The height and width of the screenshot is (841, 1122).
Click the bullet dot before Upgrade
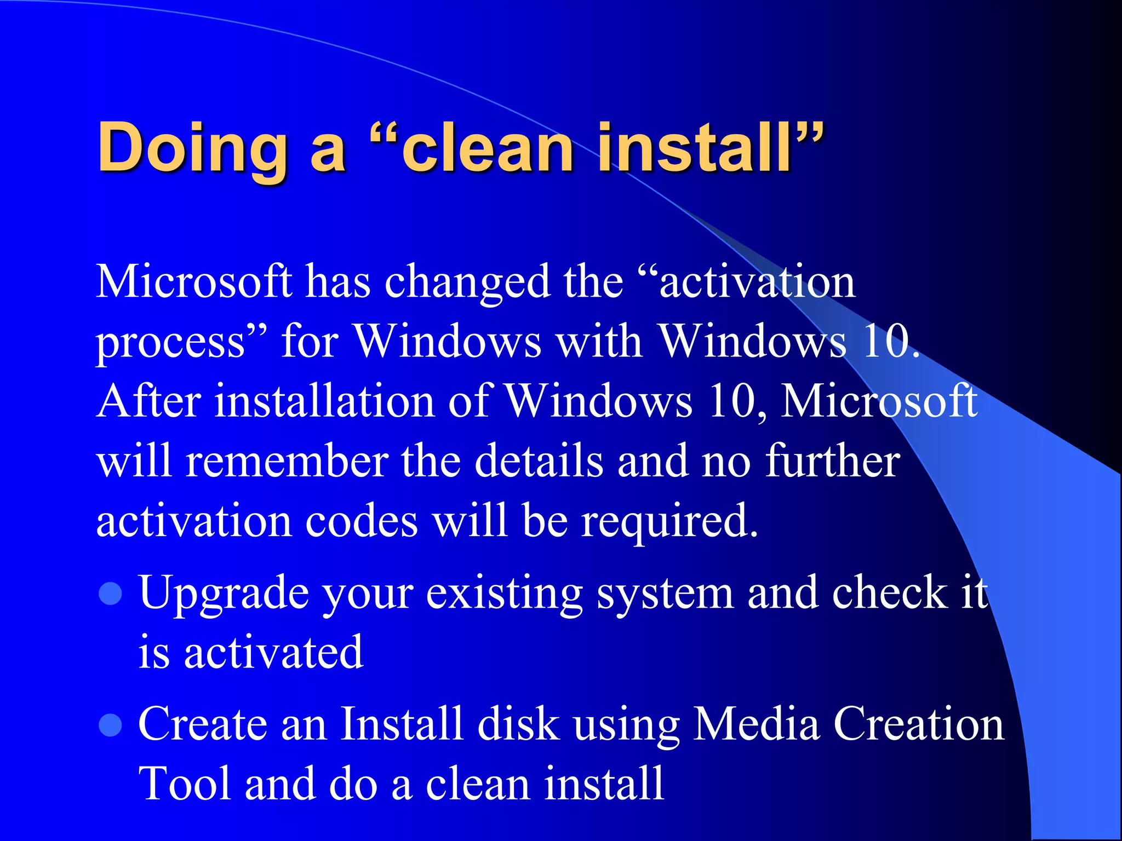(111, 594)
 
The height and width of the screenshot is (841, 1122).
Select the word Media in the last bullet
(757, 724)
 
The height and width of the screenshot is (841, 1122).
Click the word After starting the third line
(148, 401)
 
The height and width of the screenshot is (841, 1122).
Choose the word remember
(287, 461)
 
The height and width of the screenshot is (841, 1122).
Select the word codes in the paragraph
(362, 521)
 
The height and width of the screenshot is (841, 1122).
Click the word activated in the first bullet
(273, 653)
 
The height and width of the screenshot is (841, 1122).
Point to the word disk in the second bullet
(518, 724)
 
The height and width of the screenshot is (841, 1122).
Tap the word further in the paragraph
(832, 461)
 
